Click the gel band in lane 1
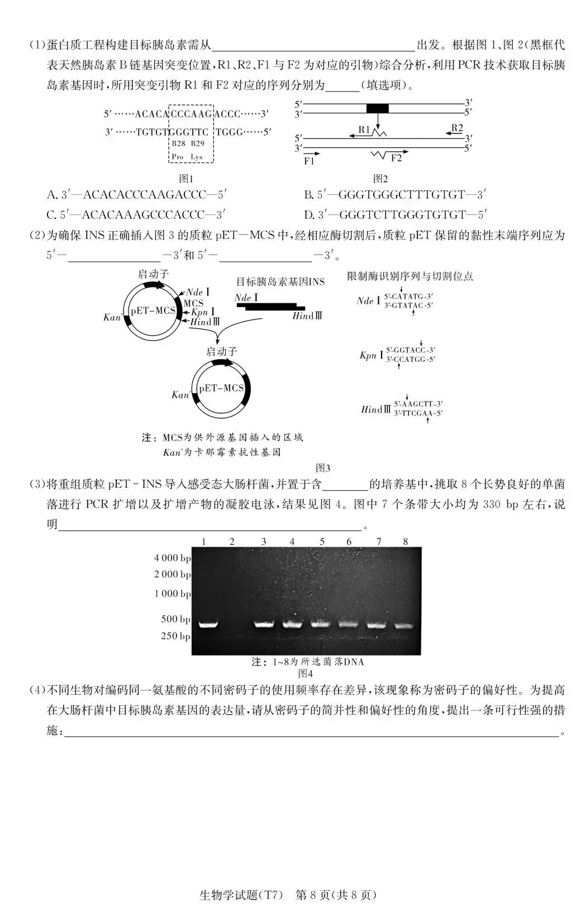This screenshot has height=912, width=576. (x=208, y=624)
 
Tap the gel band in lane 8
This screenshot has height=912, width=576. (x=404, y=625)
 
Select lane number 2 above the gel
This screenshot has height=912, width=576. (x=232, y=541)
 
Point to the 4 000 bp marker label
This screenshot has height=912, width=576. (x=172, y=558)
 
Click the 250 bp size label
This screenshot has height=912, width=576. (x=175, y=636)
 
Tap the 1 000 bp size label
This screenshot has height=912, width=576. (x=172, y=594)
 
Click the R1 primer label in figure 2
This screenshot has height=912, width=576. (x=364, y=130)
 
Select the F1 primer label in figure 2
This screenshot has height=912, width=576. (x=309, y=161)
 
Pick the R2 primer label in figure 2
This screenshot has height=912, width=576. (x=457, y=128)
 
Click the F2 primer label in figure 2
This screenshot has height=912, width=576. (x=396, y=158)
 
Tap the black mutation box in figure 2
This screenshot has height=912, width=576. (x=377, y=108)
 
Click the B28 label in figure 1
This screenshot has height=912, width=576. (x=178, y=144)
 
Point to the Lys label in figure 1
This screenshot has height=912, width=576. (x=197, y=157)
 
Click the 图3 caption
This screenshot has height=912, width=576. (x=323, y=467)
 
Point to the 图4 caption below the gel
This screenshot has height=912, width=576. (x=306, y=674)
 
